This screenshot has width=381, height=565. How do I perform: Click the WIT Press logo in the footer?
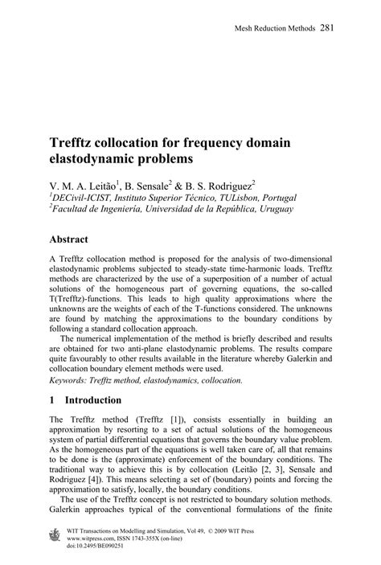pos(56,535)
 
